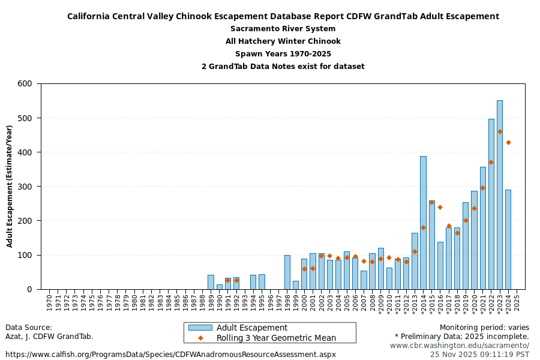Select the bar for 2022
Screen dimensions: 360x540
click(x=491, y=204)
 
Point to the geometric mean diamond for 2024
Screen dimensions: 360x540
click(x=508, y=142)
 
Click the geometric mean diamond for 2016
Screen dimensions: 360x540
click(x=440, y=207)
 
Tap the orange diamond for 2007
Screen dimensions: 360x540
click(x=364, y=261)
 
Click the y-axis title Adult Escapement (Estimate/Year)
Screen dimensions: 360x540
click(x=10, y=186)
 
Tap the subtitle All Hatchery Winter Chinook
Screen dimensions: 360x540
click(x=283, y=41)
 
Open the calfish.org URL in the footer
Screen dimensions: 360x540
click(x=170, y=355)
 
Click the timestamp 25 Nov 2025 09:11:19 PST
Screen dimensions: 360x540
click(x=479, y=355)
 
